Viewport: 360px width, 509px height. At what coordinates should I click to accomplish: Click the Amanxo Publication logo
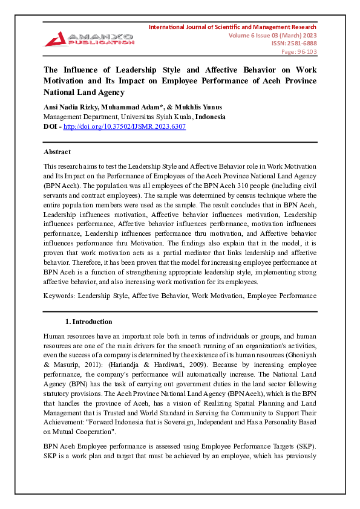(x=89, y=38)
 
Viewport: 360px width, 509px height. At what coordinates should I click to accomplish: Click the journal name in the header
(x=232, y=27)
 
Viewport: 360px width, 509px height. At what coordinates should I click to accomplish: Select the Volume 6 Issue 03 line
(x=272, y=36)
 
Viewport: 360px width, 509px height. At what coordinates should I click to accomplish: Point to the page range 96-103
(x=303, y=52)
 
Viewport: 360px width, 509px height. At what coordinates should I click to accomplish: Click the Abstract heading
(x=57, y=152)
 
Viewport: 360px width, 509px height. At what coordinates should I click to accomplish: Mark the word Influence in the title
(x=83, y=70)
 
